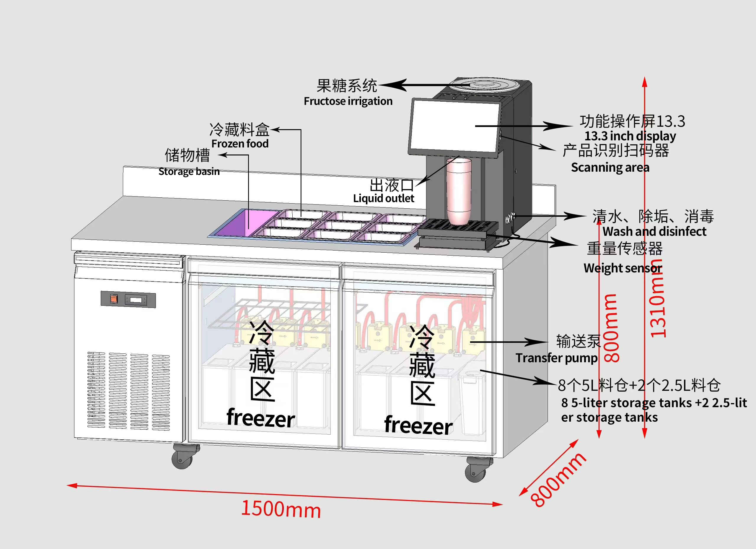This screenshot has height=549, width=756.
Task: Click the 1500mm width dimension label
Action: (281, 509)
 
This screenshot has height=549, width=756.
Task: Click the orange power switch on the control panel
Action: (114, 299)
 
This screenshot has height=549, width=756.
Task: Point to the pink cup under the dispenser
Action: (459, 191)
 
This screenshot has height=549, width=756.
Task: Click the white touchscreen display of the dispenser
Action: (455, 126)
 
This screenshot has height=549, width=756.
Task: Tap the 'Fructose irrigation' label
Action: (348, 101)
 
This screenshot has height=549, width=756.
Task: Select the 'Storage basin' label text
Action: (189, 171)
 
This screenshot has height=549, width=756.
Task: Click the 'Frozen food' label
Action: (240, 144)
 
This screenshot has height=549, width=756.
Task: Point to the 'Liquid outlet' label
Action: (383, 199)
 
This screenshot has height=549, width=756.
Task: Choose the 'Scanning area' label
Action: (610, 168)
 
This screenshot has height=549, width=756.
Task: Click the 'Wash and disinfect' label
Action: (654, 231)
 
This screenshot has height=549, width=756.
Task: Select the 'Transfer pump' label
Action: (556, 358)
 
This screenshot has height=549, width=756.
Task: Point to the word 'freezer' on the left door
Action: (260, 418)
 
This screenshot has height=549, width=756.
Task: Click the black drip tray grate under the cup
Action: (458, 226)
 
